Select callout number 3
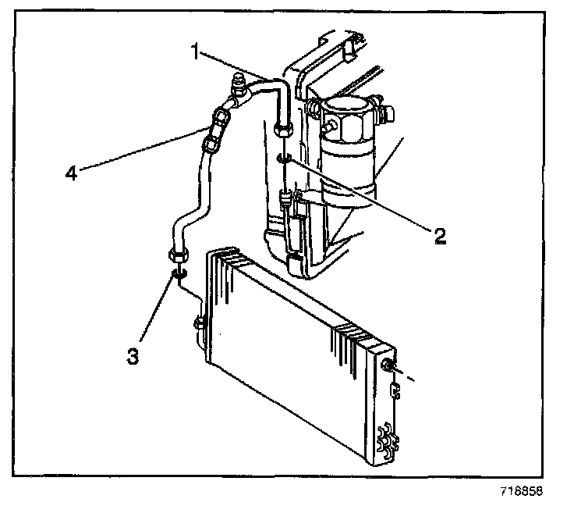[x=133, y=356]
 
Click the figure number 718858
[x=520, y=492]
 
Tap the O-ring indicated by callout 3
[x=179, y=273]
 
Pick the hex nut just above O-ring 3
[x=177, y=254]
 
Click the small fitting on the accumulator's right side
[x=384, y=109]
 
